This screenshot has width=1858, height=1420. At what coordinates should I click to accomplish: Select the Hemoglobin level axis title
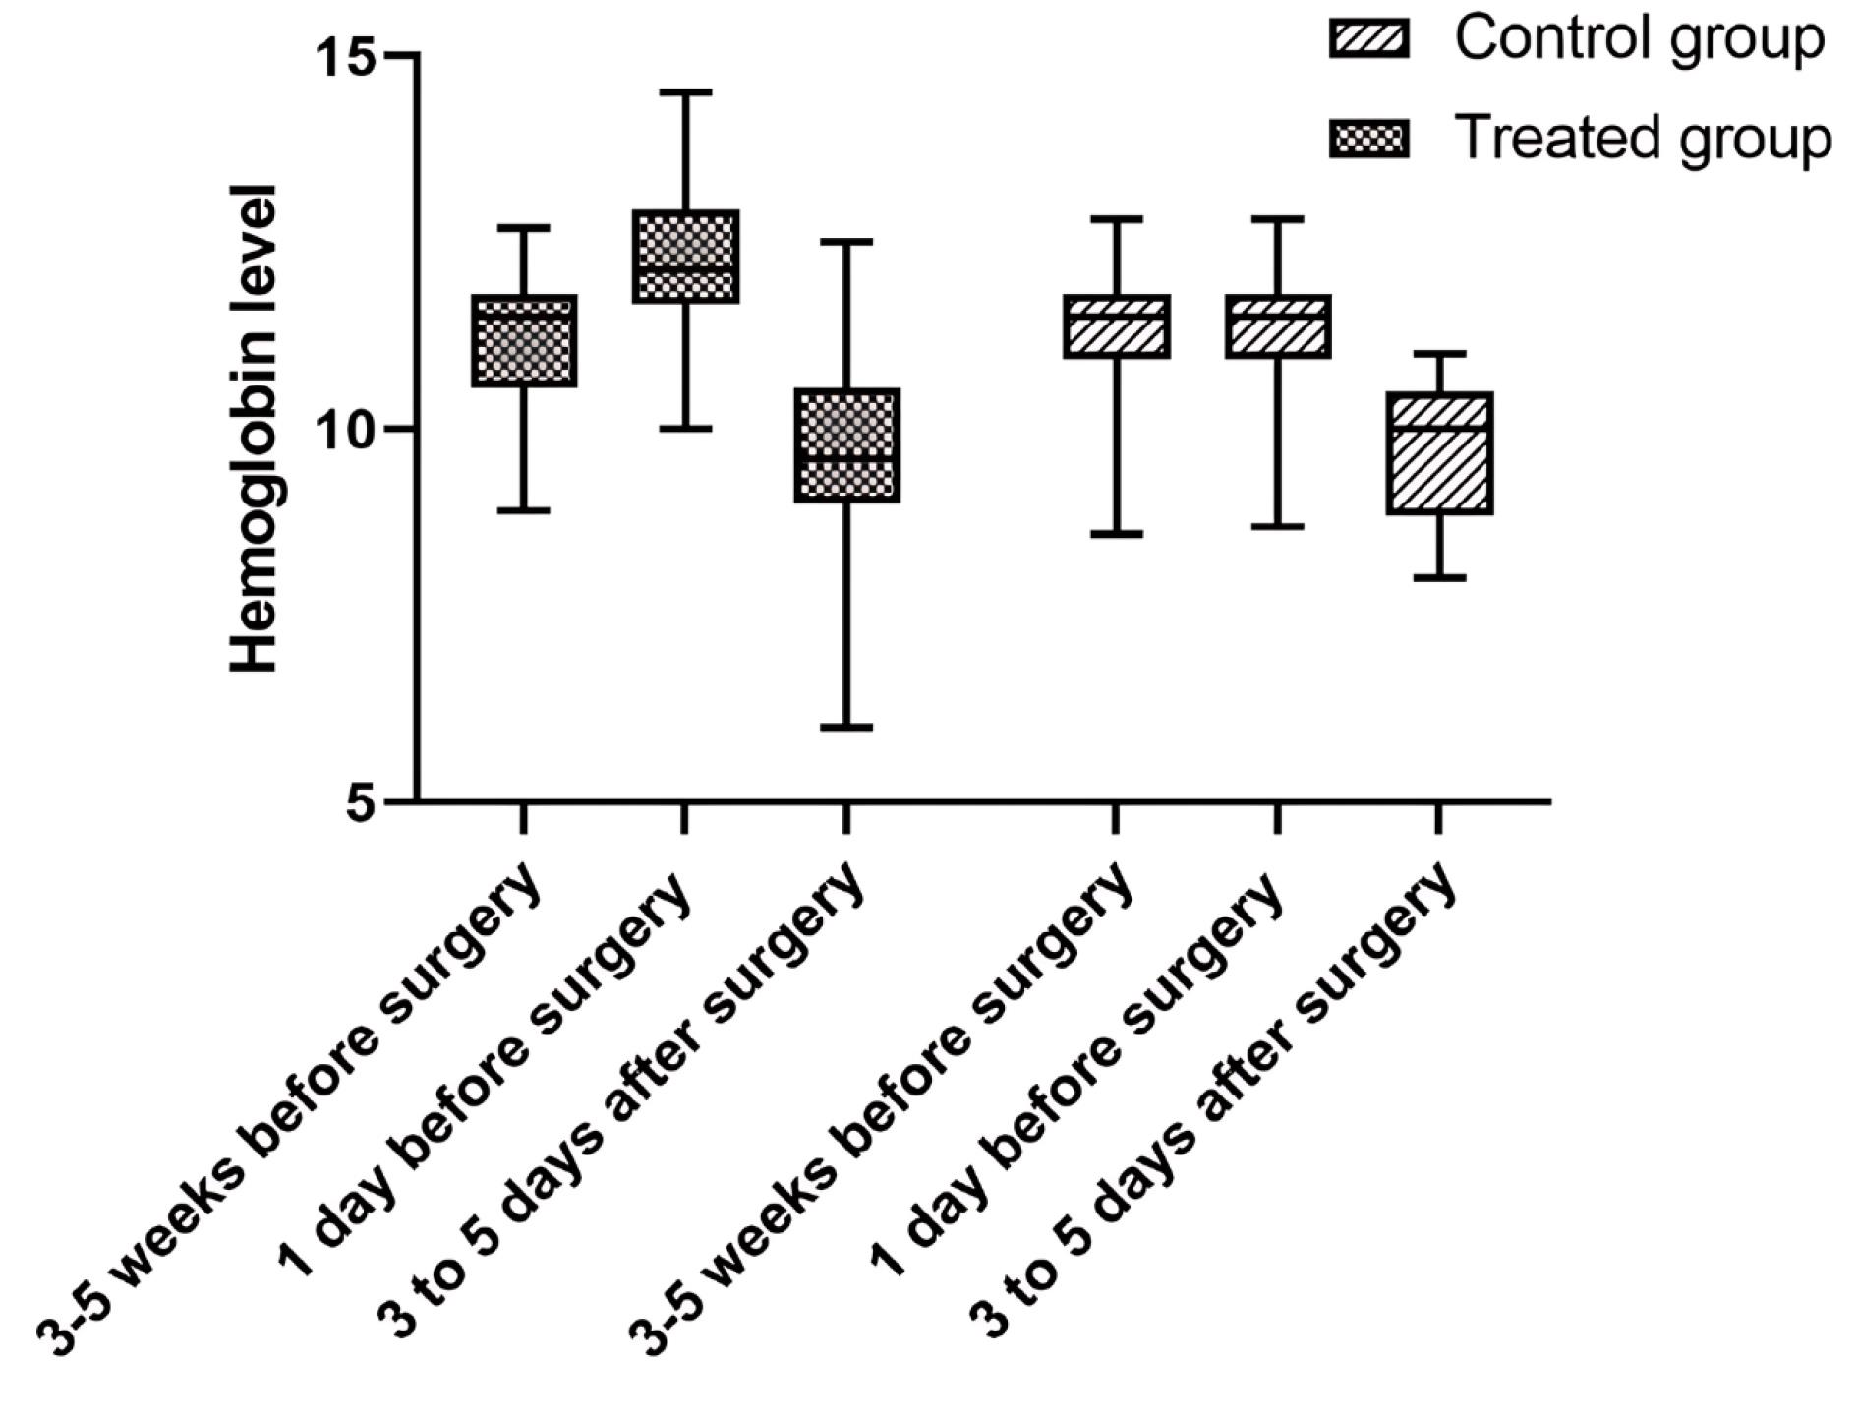coord(255,429)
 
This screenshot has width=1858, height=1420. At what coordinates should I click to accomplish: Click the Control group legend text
coord(1639,39)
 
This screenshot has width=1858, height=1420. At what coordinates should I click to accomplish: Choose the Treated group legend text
coord(1643,137)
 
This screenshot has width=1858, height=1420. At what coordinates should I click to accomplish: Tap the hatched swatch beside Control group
coord(1369,39)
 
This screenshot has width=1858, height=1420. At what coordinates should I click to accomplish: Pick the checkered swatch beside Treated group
coord(1369,138)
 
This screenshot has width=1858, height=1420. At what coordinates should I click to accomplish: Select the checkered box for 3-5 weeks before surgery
coord(524,340)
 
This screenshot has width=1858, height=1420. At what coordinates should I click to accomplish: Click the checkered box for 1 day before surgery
coord(685,257)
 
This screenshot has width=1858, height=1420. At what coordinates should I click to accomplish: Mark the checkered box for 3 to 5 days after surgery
coord(847,445)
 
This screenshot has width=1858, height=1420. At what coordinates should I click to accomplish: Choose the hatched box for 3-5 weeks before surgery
coord(1117,325)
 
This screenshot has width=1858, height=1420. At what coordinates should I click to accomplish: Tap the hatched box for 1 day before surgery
coord(1278,325)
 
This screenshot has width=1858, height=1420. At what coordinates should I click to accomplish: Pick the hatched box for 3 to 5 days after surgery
coord(1439,453)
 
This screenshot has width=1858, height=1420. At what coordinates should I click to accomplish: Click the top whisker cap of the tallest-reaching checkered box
coord(685,92)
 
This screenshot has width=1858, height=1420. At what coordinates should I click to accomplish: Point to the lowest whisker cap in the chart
coord(847,727)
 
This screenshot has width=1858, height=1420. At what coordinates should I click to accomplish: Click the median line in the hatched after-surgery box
coord(1439,429)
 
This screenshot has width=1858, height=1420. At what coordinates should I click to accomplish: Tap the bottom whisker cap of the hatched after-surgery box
coord(1439,577)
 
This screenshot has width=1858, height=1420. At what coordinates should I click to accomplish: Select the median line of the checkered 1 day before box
coord(685,266)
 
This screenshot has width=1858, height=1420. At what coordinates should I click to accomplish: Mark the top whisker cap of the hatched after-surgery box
coord(1439,353)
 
